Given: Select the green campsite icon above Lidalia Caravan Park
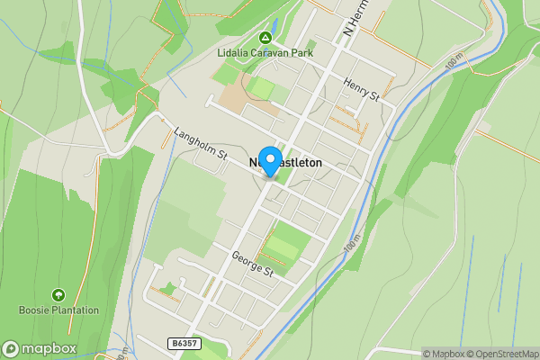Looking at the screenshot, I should (x=265, y=38).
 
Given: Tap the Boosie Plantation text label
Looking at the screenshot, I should (x=58, y=310).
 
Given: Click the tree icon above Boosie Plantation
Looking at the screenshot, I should (x=58, y=295).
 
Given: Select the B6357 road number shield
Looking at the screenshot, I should (x=182, y=343).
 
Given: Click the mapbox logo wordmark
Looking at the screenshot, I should (x=49, y=349).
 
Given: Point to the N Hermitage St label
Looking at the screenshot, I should (x=356, y=20).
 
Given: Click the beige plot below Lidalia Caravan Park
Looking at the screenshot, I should (x=236, y=97).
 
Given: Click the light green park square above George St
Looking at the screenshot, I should (x=286, y=245).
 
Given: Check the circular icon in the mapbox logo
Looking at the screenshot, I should (x=12, y=349).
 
